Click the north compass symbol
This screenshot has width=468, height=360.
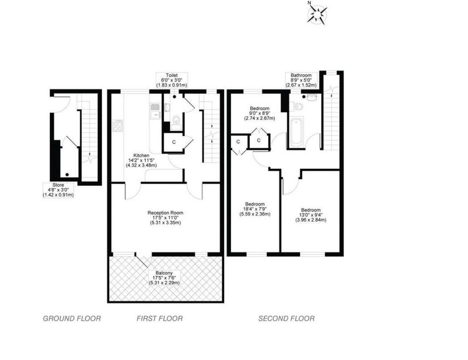pyautogui.click(x=316, y=13)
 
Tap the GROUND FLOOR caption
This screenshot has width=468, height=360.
pyautogui.click(x=72, y=319)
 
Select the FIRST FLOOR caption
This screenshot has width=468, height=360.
pyautogui.click(x=160, y=319)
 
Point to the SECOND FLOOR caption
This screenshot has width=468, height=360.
pyautogui.click(x=287, y=319)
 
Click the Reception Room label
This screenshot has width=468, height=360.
pyautogui.click(x=166, y=213)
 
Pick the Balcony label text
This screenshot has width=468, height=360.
pyautogui.click(x=164, y=273)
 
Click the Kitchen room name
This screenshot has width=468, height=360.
pyautogui.click(x=141, y=155)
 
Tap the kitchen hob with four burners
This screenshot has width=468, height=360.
pyautogui.click(x=118, y=126)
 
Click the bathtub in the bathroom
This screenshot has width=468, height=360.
pyautogui.click(x=296, y=133)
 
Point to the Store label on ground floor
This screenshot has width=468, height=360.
pyautogui.click(x=58, y=185)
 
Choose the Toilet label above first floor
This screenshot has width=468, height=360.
pyautogui.click(x=172, y=75)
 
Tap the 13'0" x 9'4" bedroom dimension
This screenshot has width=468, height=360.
pyautogui.click(x=311, y=217)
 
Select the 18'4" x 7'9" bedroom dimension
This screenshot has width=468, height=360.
pyautogui.click(x=255, y=212)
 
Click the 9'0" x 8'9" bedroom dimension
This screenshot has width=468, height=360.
pyautogui.click(x=260, y=116)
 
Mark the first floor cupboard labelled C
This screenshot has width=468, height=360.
pyautogui.click(x=174, y=142)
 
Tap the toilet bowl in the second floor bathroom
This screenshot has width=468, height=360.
pyautogui.click(x=298, y=106)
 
